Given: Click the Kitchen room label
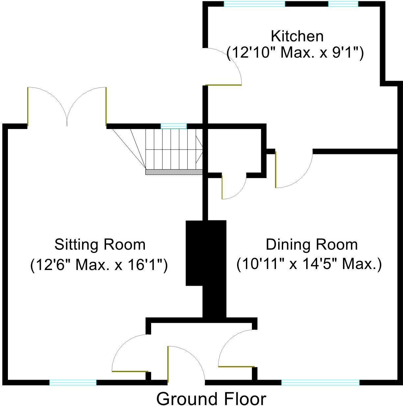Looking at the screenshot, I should click(x=297, y=36).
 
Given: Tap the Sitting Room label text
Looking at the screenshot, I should click(x=100, y=245).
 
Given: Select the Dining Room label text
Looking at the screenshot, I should click(x=311, y=245).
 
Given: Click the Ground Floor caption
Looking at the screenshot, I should click(x=211, y=399).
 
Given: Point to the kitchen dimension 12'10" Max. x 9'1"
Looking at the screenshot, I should click(x=295, y=53).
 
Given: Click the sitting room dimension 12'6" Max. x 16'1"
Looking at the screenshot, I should click(x=99, y=265).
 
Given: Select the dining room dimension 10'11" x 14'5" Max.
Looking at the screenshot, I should click(x=309, y=264).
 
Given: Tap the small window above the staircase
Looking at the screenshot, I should click(x=174, y=126).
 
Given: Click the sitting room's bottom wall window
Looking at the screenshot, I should click(x=73, y=382).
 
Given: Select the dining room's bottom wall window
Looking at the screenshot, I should click(x=320, y=382).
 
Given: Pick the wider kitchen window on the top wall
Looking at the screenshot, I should click(x=254, y=4).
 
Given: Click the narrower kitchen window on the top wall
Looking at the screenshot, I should click(x=343, y=4).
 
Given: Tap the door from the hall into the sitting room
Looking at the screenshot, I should click(x=130, y=354).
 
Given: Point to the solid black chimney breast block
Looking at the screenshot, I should click(x=206, y=263).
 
